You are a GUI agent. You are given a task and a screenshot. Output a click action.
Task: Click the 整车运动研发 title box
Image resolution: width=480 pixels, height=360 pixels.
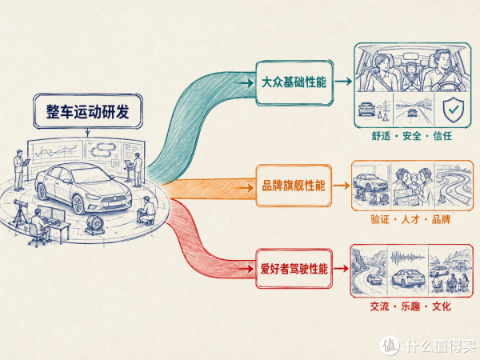tap(88, 111)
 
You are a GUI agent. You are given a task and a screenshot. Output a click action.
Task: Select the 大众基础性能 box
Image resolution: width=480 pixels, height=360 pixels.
tap(294, 82)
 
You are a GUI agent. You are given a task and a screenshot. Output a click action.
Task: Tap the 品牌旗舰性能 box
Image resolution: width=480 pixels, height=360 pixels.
tap(294, 186)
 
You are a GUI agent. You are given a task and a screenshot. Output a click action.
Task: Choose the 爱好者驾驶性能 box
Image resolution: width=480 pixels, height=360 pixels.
tap(294, 269)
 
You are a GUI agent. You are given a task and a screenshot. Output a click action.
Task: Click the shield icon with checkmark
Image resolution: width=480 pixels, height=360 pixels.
tap(453, 110)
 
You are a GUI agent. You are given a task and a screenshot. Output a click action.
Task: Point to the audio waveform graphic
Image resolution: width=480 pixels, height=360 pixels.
tap(408, 258)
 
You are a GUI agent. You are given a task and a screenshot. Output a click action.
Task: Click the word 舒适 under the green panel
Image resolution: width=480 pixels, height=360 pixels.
tap(381, 136)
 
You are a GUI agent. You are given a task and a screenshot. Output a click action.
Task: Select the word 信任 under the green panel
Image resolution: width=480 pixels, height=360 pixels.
tap(442, 136)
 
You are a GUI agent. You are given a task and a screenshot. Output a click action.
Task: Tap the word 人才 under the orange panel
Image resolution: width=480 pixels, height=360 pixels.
tap(410, 219)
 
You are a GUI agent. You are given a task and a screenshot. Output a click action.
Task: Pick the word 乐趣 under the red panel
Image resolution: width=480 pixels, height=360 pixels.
tap(410, 306)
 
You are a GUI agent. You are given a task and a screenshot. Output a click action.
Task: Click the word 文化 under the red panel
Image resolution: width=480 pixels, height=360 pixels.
tap(442, 306)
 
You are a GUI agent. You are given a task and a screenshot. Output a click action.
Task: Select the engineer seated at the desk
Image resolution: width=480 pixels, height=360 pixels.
tap(40, 225)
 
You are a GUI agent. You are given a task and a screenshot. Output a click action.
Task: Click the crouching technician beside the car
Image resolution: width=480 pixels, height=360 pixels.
tap(147, 210)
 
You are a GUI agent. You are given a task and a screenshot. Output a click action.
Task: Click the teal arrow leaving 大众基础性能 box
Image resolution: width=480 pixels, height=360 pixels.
tap(343, 82)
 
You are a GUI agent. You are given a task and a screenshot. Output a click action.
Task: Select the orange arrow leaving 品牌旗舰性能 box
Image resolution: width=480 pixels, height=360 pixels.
tap(342, 186)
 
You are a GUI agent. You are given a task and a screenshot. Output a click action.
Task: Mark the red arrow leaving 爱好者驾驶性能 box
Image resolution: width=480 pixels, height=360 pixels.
tap(341, 269)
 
